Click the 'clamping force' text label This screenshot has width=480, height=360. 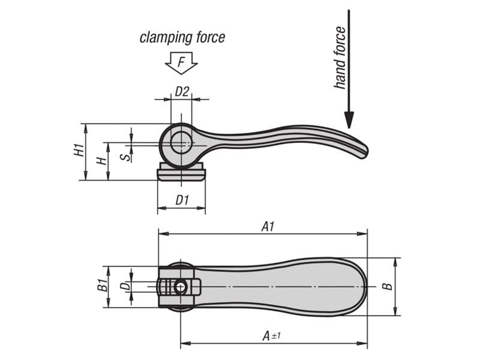(x=182, y=38)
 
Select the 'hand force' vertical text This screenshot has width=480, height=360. (x=340, y=58)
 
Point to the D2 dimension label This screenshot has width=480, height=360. (x=182, y=91)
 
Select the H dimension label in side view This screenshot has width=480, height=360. (x=102, y=161)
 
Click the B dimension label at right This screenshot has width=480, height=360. (x=389, y=286)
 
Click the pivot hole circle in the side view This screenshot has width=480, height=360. (x=181, y=144)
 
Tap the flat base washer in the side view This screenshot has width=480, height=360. (x=181, y=173)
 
